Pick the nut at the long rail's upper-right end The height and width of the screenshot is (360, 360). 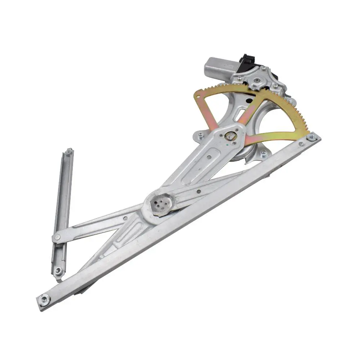pyautogui.click(x=312, y=137)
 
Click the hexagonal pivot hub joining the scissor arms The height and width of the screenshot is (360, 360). pyautogui.click(x=158, y=206)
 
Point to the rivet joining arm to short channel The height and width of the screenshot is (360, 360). pyautogui.click(x=57, y=237)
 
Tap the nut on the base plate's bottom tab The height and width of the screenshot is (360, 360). pyautogui.click(x=263, y=153)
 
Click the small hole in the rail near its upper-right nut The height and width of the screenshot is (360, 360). pyautogui.click(x=301, y=144)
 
